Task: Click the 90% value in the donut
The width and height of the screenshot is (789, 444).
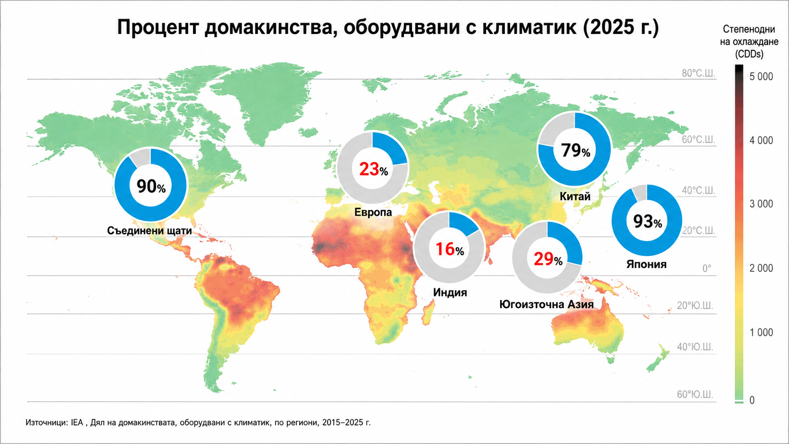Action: coord(151,187)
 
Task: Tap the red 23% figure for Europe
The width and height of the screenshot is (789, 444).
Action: coord(374,169)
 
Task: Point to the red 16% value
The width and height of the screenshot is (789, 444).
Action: coord(450,249)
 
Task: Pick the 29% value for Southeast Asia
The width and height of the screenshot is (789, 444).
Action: coord(548,259)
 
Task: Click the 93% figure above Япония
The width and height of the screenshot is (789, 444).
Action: coord(647,221)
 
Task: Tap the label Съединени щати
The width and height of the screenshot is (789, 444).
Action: coord(149,231)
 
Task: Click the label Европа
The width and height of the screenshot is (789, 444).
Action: coord(373,212)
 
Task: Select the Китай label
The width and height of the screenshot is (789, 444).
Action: coord(575,196)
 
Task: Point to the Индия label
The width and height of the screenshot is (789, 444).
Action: coord(450,292)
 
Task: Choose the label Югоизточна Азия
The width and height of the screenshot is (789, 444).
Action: coord(546,304)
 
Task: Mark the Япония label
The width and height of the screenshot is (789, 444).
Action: coord(646,264)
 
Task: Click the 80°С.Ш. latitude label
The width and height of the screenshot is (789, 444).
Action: coord(698,73)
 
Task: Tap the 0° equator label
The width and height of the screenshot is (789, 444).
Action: coord(706,268)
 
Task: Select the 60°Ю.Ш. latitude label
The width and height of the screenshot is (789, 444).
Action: coord(695,394)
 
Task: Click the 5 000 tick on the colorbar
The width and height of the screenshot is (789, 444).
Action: coord(761,76)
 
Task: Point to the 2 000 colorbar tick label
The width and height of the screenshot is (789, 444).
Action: coord(761,268)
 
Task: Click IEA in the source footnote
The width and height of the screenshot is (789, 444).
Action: coord(77,422)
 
